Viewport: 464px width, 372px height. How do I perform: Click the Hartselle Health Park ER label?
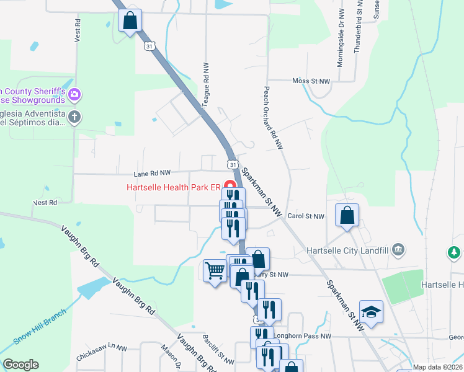[174, 187]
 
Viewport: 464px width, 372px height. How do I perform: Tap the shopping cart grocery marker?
[214, 270]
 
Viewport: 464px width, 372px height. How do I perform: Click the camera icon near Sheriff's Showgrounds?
[74, 95]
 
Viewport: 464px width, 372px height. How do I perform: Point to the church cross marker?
[74, 117]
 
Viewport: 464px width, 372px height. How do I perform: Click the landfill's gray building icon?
[399, 250]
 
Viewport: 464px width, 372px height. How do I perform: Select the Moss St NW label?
[311, 81]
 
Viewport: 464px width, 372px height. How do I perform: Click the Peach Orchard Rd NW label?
[274, 117]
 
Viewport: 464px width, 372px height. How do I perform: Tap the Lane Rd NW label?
[152, 174]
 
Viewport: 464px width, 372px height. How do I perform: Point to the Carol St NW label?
[306, 216]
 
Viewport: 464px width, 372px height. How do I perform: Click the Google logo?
[20, 365]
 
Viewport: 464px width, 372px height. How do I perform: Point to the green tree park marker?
[454, 252]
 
